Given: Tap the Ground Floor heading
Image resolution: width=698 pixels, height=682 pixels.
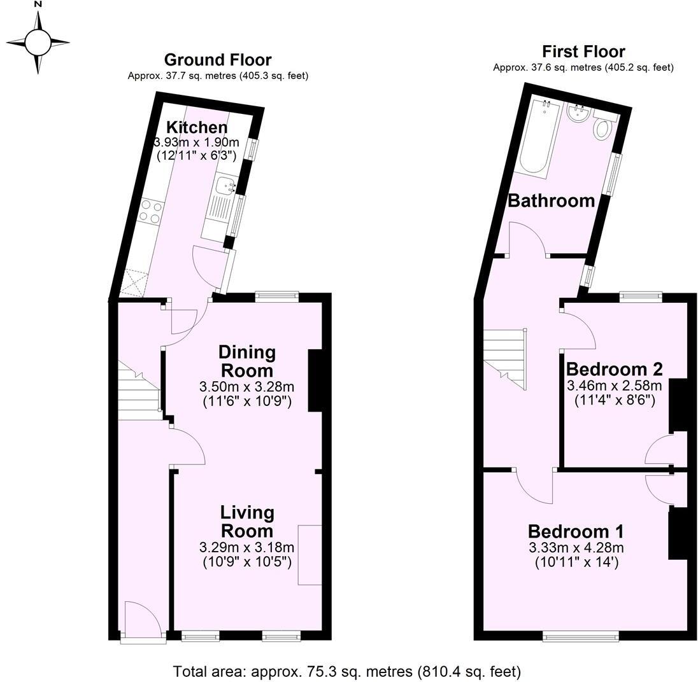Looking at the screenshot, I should [x=218, y=60].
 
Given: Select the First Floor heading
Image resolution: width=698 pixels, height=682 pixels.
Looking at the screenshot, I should [x=583, y=52].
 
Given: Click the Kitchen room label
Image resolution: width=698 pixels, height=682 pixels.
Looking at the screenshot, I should [x=196, y=127].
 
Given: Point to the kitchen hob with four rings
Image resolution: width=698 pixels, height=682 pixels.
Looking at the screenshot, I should [x=150, y=211].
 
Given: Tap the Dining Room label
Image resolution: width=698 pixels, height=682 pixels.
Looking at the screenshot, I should [x=246, y=361].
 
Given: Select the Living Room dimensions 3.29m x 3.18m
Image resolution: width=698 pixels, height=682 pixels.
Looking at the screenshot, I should [x=246, y=547].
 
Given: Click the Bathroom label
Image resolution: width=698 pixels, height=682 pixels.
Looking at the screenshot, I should [x=551, y=201].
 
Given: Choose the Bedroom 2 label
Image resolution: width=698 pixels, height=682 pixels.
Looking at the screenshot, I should [x=614, y=369].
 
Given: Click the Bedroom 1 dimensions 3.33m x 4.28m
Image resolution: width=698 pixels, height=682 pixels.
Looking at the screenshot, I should [x=576, y=548].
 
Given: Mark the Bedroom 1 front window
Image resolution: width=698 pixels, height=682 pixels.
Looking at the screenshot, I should [x=580, y=636].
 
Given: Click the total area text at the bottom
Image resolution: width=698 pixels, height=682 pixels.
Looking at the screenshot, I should [x=347, y=671].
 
